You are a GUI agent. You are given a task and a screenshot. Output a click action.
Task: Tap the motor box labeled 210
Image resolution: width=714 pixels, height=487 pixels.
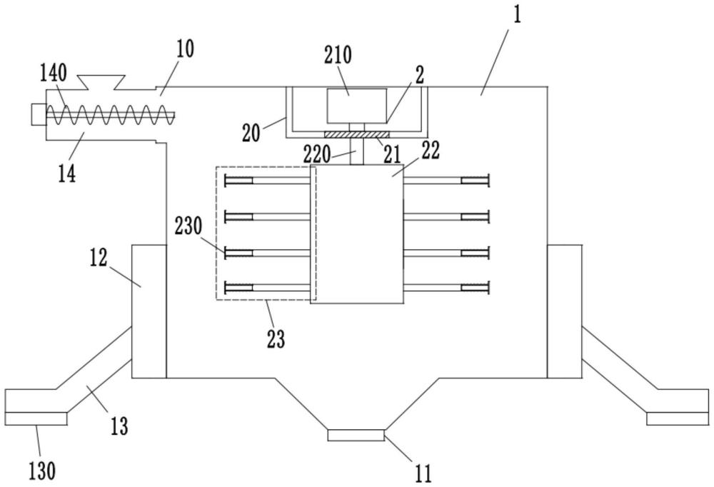pos(356,106)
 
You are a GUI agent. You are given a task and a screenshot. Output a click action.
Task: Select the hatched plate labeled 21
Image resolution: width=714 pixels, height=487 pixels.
pos(356,134)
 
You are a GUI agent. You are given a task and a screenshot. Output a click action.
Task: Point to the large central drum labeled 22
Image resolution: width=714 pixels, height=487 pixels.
pos(356,236)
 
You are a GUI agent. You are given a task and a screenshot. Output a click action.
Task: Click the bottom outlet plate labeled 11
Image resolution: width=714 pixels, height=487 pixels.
pos(356,436)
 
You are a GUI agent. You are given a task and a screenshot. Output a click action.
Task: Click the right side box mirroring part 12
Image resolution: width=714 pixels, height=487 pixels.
pos(564,311)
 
